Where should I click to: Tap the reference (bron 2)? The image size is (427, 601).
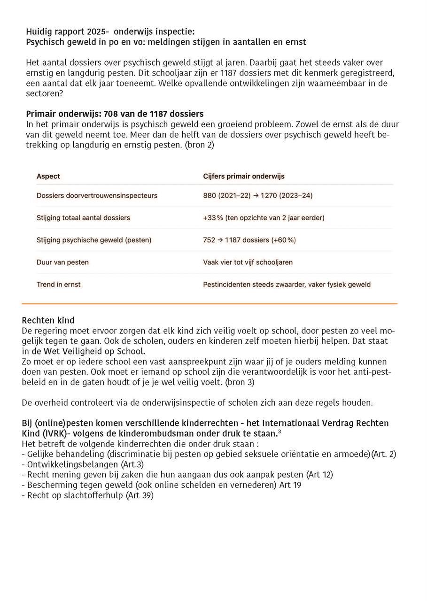(200, 145)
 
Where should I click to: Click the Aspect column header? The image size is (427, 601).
(48, 177)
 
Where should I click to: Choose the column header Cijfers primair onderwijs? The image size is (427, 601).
(244, 177)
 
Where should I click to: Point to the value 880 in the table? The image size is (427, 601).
(210, 195)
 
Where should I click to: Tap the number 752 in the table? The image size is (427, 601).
(209, 240)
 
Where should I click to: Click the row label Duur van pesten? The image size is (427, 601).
(62, 262)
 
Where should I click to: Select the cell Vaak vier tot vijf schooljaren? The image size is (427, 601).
(248, 262)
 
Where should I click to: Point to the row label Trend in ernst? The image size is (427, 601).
(58, 285)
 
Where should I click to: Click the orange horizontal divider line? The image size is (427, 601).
(210, 304)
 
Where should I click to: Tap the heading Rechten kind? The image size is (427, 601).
(48, 321)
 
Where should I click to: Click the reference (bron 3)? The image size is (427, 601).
(240, 382)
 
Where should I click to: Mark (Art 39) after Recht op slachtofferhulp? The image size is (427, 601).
(140, 495)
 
